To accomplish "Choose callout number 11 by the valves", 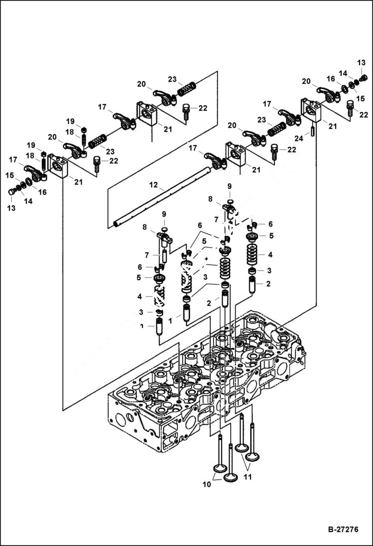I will click(x=248, y=476).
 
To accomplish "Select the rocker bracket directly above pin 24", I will click(x=313, y=110).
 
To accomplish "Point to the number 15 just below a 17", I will click(x=10, y=175).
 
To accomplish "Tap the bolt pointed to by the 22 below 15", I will click(x=350, y=106).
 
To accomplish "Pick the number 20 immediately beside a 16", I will click(x=306, y=82).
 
